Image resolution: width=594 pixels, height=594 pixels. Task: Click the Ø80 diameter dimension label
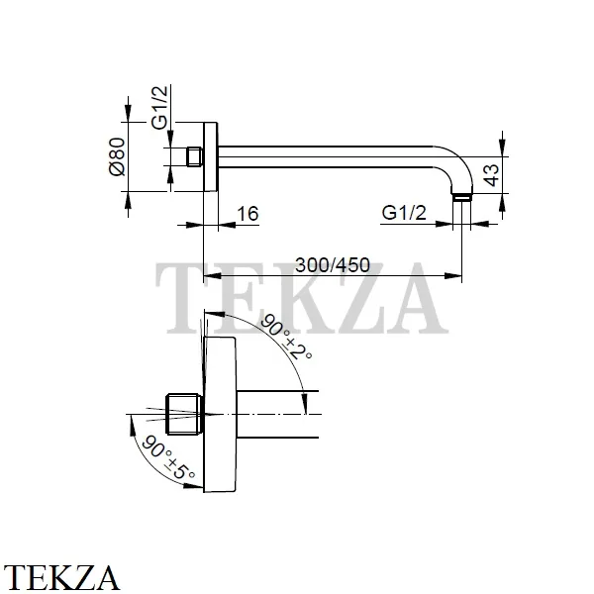(117, 156)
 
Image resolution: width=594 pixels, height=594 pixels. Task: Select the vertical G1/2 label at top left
(159, 108)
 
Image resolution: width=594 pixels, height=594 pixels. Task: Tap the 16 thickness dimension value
(247, 214)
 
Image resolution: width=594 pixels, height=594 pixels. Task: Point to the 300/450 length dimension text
(333, 265)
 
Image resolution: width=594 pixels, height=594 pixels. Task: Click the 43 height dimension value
(492, 175)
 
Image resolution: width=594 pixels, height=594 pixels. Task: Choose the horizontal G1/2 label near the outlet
(404, 213)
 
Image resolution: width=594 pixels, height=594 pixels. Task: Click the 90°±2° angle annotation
(286, 337)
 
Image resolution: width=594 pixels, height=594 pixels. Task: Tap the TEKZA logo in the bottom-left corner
(60, 578)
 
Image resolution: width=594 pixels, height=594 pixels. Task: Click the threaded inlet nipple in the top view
(195, 156)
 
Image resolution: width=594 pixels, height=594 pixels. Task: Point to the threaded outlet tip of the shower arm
(462, 197)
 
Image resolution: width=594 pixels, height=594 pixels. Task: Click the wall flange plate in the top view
(211, 156)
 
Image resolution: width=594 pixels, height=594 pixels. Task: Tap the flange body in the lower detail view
(220, 414)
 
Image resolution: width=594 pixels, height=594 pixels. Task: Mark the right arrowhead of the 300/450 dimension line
(453, 276)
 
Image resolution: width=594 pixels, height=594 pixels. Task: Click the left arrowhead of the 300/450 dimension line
(212, 276)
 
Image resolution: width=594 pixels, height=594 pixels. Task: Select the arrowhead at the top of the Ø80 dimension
(128, 113)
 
